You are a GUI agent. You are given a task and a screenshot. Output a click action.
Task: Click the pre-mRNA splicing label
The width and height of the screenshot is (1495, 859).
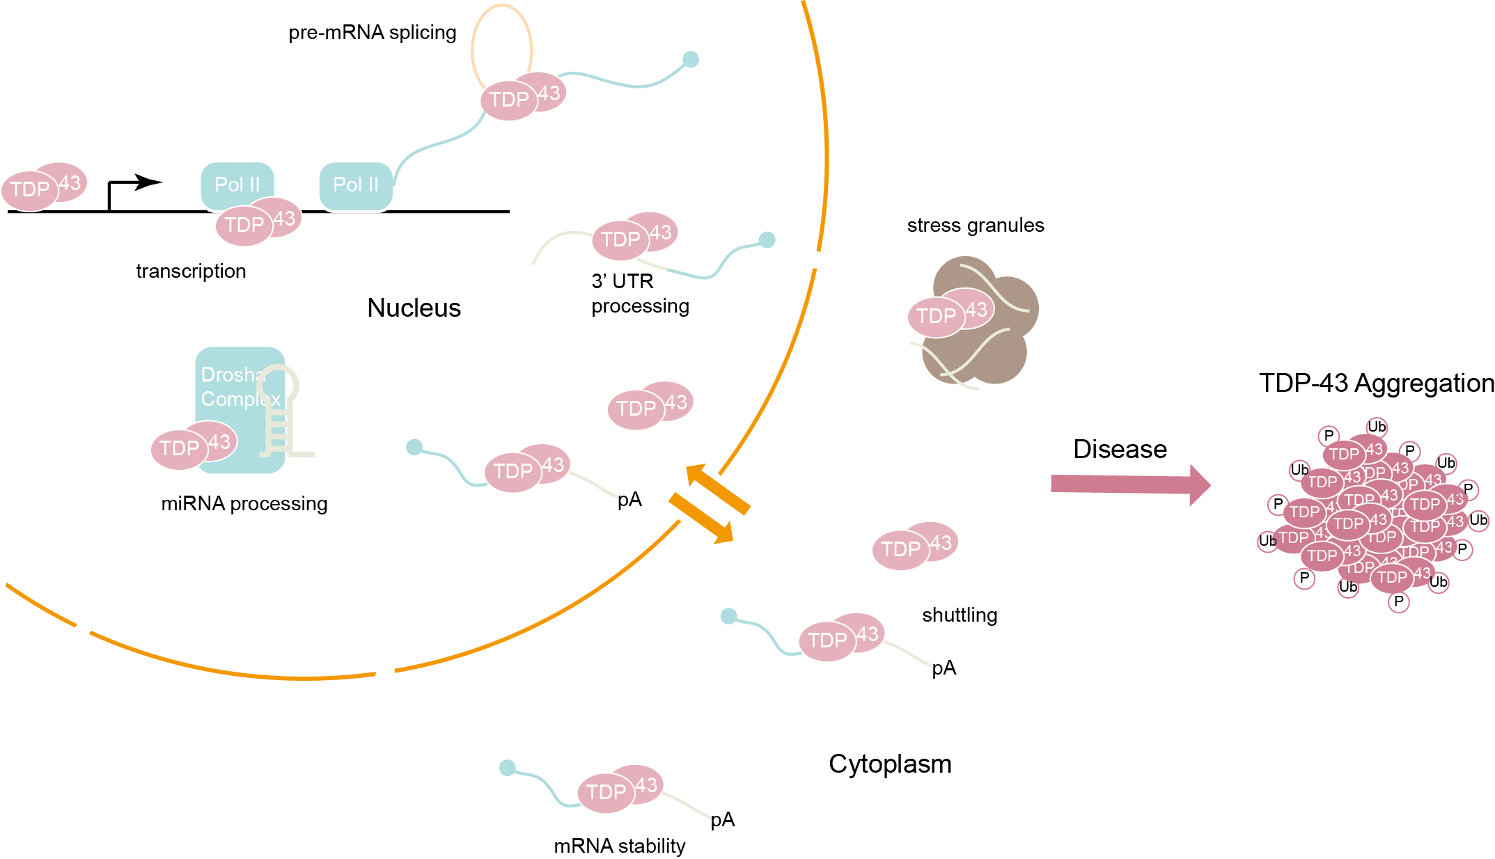click(372, 33)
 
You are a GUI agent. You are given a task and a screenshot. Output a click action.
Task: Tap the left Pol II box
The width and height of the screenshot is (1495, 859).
click(237, 184)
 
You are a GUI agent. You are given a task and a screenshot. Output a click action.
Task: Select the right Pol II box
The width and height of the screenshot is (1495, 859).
click(356, 185)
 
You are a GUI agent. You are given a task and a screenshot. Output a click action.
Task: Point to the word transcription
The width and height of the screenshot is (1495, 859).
click(191, 271)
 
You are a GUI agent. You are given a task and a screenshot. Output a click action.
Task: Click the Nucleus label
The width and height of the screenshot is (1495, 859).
click(414, 308)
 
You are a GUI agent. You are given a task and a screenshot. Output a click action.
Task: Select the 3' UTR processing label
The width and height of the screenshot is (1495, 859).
click(639, 293)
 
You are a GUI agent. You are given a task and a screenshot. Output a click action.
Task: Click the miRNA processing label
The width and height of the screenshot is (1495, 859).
click(244, 503)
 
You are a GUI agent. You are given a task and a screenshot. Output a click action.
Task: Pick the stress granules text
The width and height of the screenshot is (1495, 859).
click(975, 226)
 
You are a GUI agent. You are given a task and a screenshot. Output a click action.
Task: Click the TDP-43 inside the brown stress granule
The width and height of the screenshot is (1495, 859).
click(950, 313)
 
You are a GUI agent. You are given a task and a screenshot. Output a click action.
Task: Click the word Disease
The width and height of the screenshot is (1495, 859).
click(1120, 449)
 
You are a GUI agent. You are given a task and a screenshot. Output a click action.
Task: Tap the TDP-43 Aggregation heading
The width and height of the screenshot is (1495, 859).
click(1376, 383)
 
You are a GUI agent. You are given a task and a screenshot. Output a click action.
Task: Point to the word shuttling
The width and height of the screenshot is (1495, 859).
click(959, 615)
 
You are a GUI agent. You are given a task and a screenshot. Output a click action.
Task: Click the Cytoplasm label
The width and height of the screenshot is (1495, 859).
click(889, 764)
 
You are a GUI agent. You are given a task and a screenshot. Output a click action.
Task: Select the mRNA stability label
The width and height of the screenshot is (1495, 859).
click(619, 846)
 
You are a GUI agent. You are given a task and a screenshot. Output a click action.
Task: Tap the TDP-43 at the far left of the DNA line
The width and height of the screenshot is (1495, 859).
click(43, 187)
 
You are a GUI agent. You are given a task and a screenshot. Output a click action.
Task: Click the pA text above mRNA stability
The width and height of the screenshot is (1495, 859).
click(722, 819)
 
